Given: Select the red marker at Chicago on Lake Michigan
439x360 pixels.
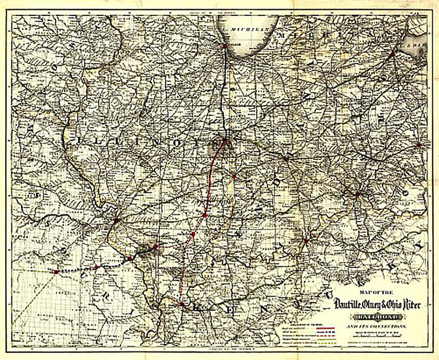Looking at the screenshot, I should coord(225,46).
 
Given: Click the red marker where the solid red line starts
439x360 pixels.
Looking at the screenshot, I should coord(225,140).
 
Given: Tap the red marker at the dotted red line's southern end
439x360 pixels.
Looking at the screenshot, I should coord(181,304).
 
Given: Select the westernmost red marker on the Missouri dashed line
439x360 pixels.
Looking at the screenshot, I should coord(55,271).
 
